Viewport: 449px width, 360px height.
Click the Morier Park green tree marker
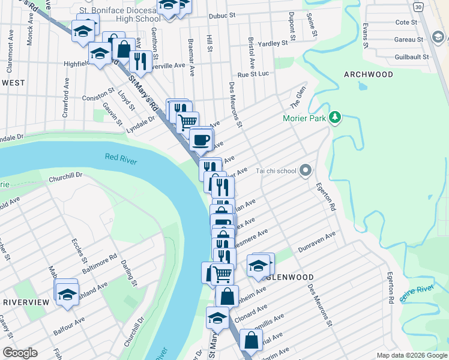tap(336, 118)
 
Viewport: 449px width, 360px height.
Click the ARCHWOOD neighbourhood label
tap(369, 74)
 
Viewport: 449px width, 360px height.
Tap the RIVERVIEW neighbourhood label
tap(25, 302)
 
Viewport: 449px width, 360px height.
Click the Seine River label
tap(417, 290)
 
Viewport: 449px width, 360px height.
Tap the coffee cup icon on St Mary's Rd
tap(200, 140)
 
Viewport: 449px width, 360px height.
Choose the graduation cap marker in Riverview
tap(67, 294)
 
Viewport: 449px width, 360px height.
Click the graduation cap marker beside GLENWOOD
tap(258, 265)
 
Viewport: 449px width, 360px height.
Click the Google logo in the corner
tap(20, 353)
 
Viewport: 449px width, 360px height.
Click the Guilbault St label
tap(409, 57)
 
